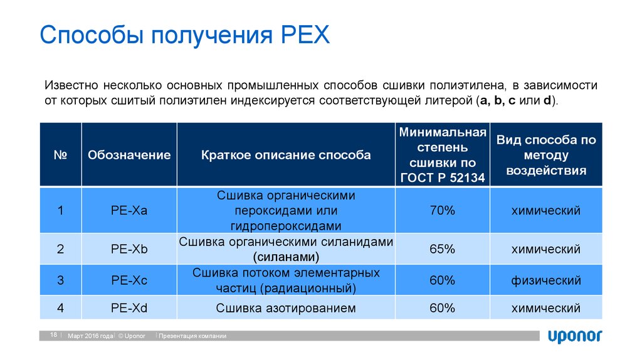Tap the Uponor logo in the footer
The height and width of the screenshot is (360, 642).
(575, 336)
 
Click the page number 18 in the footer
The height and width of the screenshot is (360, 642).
(53, 336)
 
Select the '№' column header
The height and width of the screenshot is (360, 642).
(60, 155)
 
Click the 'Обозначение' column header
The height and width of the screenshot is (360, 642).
(129, 155)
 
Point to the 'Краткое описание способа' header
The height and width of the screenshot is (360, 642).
(286, 155)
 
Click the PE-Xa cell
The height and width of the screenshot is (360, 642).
(129, 211)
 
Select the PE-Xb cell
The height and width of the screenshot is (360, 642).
(129, 249)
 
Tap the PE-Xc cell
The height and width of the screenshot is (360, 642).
(129, 280)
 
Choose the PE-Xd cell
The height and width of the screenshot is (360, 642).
(129, 308)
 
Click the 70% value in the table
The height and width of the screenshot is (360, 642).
(442, 211)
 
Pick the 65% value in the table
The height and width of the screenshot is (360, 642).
(442, 249)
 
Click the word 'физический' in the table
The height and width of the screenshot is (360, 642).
(545, 280)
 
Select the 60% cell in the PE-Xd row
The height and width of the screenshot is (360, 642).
(442, 308)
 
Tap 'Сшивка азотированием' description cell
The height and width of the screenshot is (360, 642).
(286, 308)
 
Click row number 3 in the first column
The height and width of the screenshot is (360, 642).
(60, 280)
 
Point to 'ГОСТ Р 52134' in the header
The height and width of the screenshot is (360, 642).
(442, 178)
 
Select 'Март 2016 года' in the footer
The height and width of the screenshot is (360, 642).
(90, 336)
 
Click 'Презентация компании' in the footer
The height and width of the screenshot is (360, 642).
(192, 336)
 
